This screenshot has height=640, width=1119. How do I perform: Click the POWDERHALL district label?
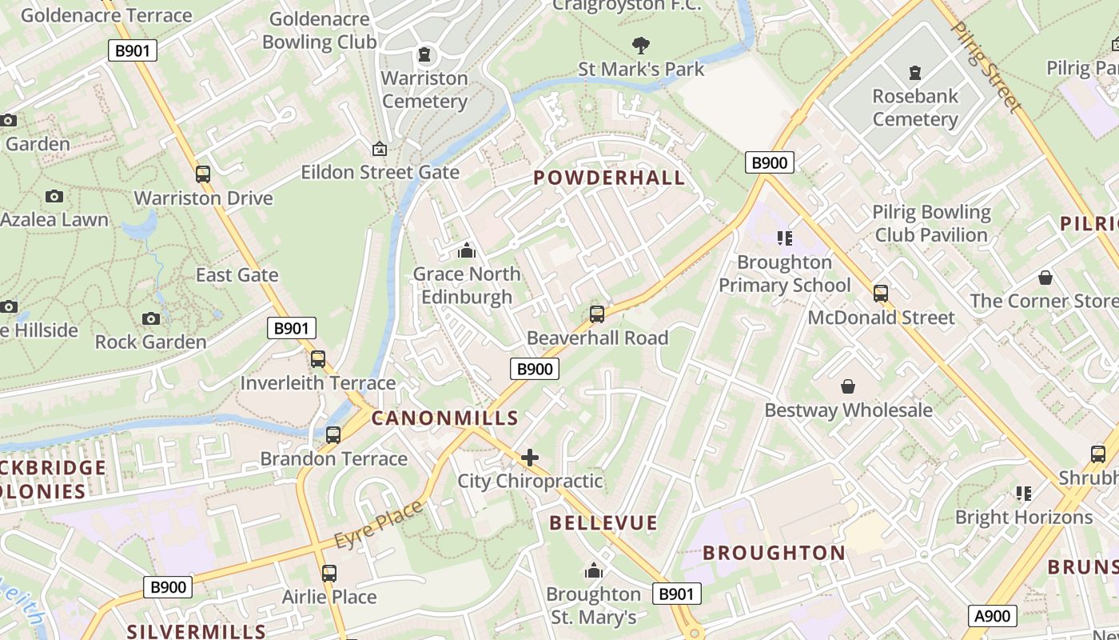click(x=609, y=178)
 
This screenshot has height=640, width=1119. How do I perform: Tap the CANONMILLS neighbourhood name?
click(x=445, y=418)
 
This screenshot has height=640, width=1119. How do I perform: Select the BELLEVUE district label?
click(x=603, y=523)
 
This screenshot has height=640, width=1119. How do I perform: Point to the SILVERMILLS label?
click(x=197, y=631)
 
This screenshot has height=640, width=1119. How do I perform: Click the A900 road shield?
click(x=993, y=616)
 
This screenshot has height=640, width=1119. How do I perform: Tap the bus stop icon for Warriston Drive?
click(x=203, y=174)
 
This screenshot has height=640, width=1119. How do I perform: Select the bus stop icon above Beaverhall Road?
click(x=597, y=314)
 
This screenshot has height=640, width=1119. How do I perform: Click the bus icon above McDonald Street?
click(x=881, y=293)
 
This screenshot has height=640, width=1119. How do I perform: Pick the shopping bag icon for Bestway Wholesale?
click(x=848, y=386)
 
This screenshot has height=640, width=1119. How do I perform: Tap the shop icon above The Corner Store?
click(x=1045, y=278)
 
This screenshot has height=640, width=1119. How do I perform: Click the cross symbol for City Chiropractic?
click(x=530, y=458)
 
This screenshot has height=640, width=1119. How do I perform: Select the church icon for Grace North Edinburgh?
click(x=467, y=251)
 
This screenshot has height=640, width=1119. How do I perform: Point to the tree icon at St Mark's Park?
click(x=640, y=46)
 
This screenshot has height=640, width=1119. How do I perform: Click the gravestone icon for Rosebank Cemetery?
click(x=915, y=74)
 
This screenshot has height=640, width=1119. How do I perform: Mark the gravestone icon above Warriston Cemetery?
click(x=424, y=54)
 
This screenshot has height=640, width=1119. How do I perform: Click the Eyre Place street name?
click(x=378, y=525)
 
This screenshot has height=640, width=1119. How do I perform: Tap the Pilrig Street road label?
click(x=986, y=66)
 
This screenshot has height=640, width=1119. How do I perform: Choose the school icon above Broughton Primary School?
click(x=784, y=238)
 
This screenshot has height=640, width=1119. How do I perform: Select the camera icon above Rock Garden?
click(x=150, y=318)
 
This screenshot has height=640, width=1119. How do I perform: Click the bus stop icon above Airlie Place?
click(x=329, y=573)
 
